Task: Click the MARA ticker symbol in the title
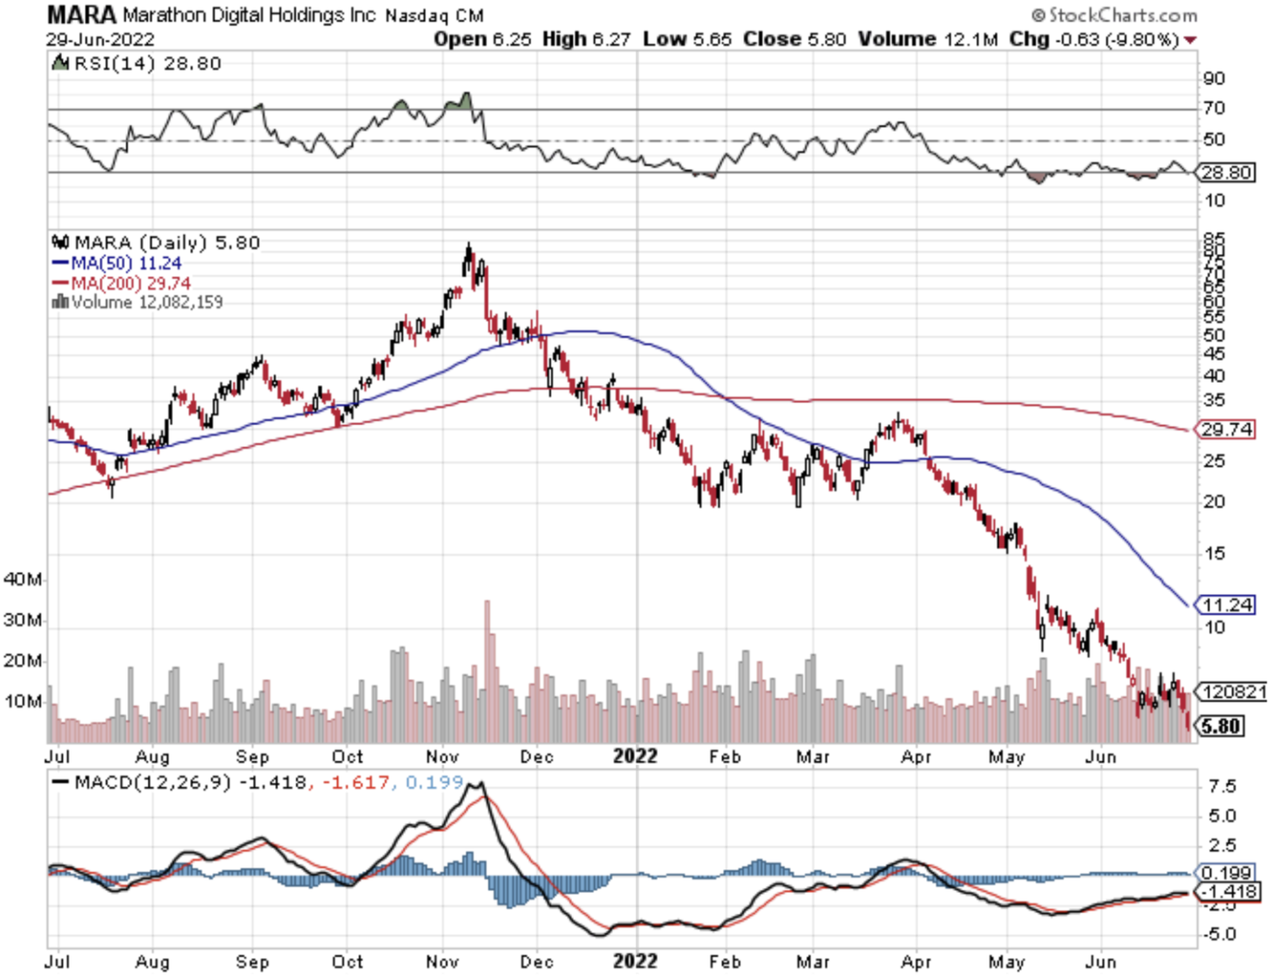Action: [81, 14]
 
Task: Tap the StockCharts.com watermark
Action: [1114, 15]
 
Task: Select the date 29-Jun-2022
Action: [100, 40]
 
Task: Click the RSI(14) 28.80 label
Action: [147, 64]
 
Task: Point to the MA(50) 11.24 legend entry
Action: [126, 263]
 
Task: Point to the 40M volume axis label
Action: [23, 580]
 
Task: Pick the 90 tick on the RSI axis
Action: [1214, 79]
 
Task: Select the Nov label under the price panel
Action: [442, 756]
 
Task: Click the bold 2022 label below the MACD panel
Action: [635, 961]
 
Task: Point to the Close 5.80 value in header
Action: [794, 40]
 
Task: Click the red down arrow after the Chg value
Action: [1191, 41]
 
